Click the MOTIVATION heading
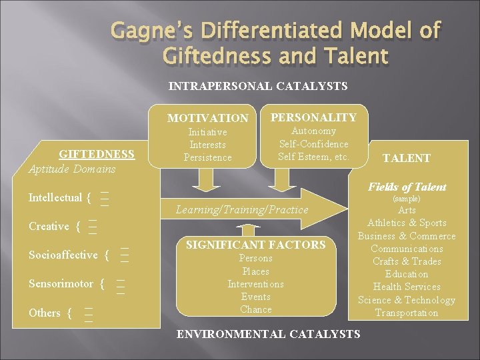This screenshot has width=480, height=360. [x=207, y=119]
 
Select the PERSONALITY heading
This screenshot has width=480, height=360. [x=313, y=117]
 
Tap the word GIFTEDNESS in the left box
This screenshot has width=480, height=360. [x=97, y=155]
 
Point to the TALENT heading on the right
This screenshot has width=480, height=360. [x=406, y=158]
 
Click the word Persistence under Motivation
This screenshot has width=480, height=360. [x=207, y=157]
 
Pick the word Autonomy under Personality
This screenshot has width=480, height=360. [x=313, y=131]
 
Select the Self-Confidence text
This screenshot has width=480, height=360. [x=313, y=144]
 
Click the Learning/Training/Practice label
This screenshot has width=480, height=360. [x=242, y=209]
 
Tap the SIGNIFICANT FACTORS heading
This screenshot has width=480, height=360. [x=255, y=245]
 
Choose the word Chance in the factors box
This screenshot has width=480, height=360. [x=256, y=309]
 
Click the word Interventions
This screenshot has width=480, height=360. [x=256, y=284]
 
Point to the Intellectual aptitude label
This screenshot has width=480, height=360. [x=55, y=197]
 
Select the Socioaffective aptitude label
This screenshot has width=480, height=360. [x=65, y=255]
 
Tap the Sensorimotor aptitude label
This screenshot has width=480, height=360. [x=61, y=283]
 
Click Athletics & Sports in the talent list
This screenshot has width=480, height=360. [x=407, y=223]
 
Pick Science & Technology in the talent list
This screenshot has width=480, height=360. [x=407, y=300]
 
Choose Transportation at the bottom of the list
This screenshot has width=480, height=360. [x=407, y=313]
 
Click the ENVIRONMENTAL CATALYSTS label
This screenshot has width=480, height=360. [x=268, y=333]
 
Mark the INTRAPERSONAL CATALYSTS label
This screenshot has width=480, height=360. [x=258, y=86]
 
